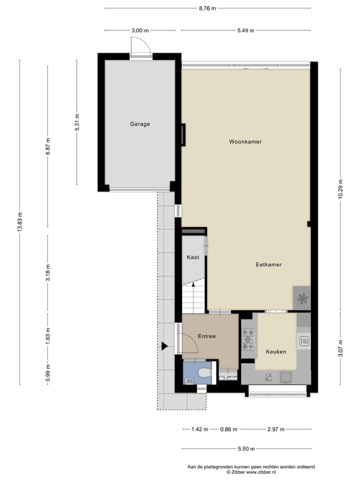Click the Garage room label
coord(140,124)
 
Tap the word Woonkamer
coord(245,141)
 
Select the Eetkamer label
coord(268,264)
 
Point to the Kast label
coord(193,257)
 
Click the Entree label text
coord(206,336)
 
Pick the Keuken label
coord(276,351)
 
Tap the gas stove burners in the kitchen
coord(248,339)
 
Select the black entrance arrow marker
coord(164,346)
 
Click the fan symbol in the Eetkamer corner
coord(302,298)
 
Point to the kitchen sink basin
coord(287,376)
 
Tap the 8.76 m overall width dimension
coord(207,8)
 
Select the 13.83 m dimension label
coord(19,222)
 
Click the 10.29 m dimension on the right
coord(340,189)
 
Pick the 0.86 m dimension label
coord(229,429)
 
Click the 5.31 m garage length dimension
coord(77,122)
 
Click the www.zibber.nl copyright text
coord(251,472)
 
